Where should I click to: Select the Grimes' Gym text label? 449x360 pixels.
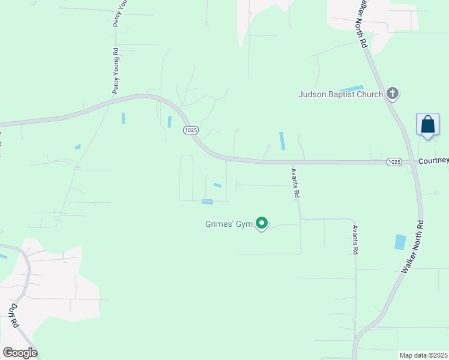229,224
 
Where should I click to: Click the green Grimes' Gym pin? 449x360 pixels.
262,223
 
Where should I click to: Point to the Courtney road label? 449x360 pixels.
433,161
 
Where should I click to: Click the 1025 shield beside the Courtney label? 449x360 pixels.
394,162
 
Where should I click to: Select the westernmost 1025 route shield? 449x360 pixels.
191,130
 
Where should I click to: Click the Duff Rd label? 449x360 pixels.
13,314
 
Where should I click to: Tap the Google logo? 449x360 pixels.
20,353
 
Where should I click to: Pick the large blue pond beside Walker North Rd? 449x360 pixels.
400,242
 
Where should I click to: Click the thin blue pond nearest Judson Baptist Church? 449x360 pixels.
352,89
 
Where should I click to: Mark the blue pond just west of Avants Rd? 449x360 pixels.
282,141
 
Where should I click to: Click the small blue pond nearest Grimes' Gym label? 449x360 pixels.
208,202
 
